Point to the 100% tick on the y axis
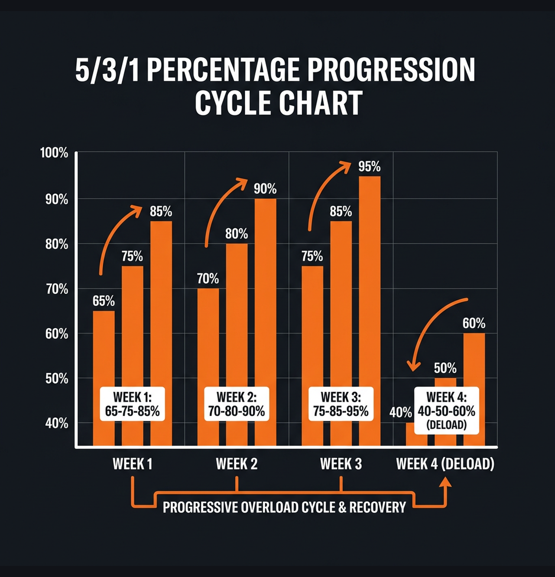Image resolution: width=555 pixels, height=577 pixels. click(x=54, y=153)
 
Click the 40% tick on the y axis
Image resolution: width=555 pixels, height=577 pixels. click(x=56, y=424)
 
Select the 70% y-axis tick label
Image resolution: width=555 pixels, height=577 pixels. click(x=56, y=289)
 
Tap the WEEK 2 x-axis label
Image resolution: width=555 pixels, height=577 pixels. click(x=237, y=464)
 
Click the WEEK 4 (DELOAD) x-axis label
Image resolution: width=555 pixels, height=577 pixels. click(x=445, y=464)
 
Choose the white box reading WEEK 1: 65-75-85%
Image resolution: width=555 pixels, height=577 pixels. click(x=132, y=404)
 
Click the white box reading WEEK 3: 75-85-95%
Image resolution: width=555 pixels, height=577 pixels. click(x=341, y=404)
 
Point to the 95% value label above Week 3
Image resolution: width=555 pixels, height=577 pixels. click(x=369, y=167)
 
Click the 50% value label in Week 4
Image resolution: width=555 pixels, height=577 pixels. click(x=445, y=368)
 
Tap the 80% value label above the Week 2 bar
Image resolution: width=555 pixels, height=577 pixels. click(x=237, y=234)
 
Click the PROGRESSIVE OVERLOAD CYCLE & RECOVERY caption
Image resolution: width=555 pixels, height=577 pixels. click(x=284, y=507)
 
